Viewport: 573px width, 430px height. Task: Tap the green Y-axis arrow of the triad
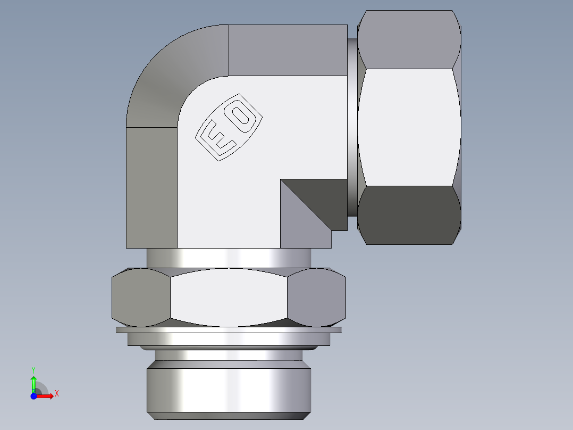click(33, 382)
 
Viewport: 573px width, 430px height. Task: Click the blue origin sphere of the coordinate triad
click(33, 396)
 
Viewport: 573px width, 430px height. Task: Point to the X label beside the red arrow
click(56, 394)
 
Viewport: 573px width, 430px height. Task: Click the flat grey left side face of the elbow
click(151, 186)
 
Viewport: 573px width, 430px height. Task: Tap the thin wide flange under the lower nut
click(229, 330)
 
